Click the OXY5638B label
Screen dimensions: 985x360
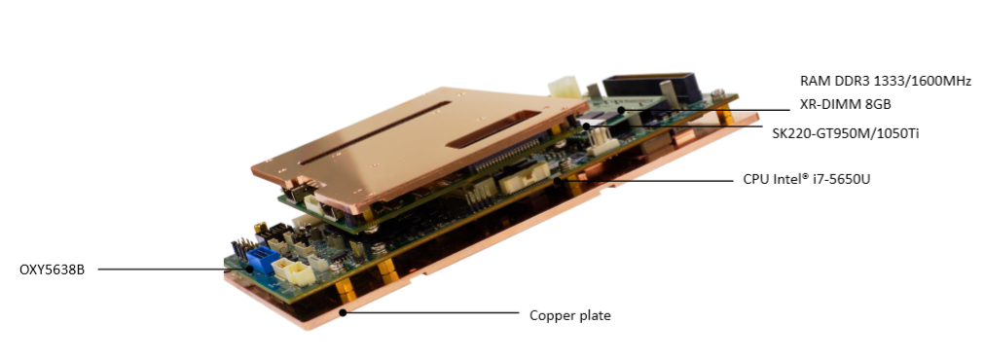[52, 270]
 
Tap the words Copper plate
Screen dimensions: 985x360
[569, 315]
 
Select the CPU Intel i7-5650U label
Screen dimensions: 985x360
[807, 180]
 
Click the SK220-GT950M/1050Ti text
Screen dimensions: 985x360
[846, 133]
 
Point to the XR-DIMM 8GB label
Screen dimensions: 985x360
[845, 105]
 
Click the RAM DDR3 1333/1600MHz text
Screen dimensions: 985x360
[886, 81]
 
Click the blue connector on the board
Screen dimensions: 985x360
[262, 258]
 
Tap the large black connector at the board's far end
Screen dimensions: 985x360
[651, 87]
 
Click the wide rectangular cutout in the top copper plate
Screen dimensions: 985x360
[493, 129]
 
